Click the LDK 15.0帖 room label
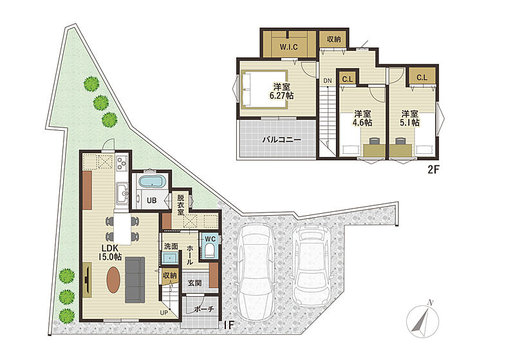pyautogui.click(x=110, y=252)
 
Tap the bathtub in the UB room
pyautogui.click(x=151, y=182)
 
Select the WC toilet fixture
pyautogui.click(x=209, y=251)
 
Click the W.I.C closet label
pyautogui.click(x=288, y=46)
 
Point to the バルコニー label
pyautogui.click(x=281, y=140)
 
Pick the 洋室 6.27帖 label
pyautogui.click(x=282, y=91)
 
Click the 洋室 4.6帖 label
pyautogui.click(x=362, y=118)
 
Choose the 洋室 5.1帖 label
pyautogui.click(x=409, y=118)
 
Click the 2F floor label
pyautogui.click(x=433, y=169)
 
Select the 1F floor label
pyautogui.click(x=229, y=325)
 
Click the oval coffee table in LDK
pyautogui.click(x=113, y=279)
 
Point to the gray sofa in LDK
pyautogui.click(x=135, y=280)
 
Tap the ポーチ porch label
pyautogui.click(x=203, y=308)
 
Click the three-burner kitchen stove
pyautogui.click(x=122, y=162)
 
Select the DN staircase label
pyautogui.click(x=328, y=81)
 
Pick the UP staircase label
pyautogui.click(x=164, y=313)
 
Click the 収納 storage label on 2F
pyautogui.click(x=333, y=39)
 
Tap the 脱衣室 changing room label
pyautogui.click(x=181, y=205)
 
